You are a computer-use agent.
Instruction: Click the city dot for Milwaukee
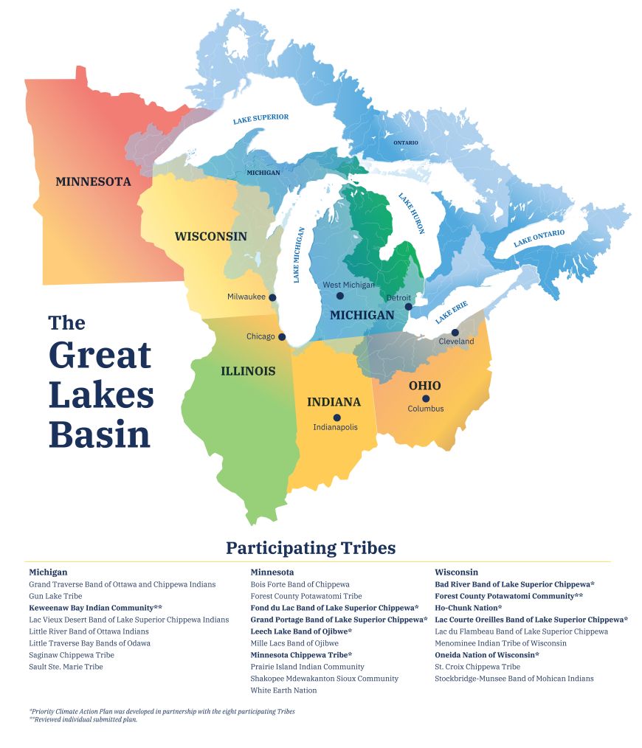[272, 297]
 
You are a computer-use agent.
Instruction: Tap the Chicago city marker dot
[282, 337]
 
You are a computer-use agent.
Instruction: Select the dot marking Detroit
[408, 306]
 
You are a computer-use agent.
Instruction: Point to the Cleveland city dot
[455, 333]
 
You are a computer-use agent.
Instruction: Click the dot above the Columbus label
[426, 399]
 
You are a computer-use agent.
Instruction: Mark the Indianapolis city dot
[336, 418]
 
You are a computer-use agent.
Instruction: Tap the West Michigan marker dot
[340, 296]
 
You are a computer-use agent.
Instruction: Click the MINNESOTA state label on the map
[93, 181]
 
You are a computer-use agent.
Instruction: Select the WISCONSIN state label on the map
[210, 237]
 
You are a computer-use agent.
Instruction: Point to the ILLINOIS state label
[248, 371]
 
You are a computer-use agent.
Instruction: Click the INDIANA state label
[334, 402]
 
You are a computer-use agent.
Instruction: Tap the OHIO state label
[424, 385]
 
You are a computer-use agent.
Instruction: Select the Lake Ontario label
[539, 238]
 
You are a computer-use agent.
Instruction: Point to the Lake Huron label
[412, 213]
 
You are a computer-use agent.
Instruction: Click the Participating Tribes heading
[311, 548]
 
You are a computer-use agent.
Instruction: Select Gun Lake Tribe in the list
[55, 596]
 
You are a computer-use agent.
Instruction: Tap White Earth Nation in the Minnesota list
[283, 690]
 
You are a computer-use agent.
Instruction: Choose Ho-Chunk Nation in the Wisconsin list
[468, 608]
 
